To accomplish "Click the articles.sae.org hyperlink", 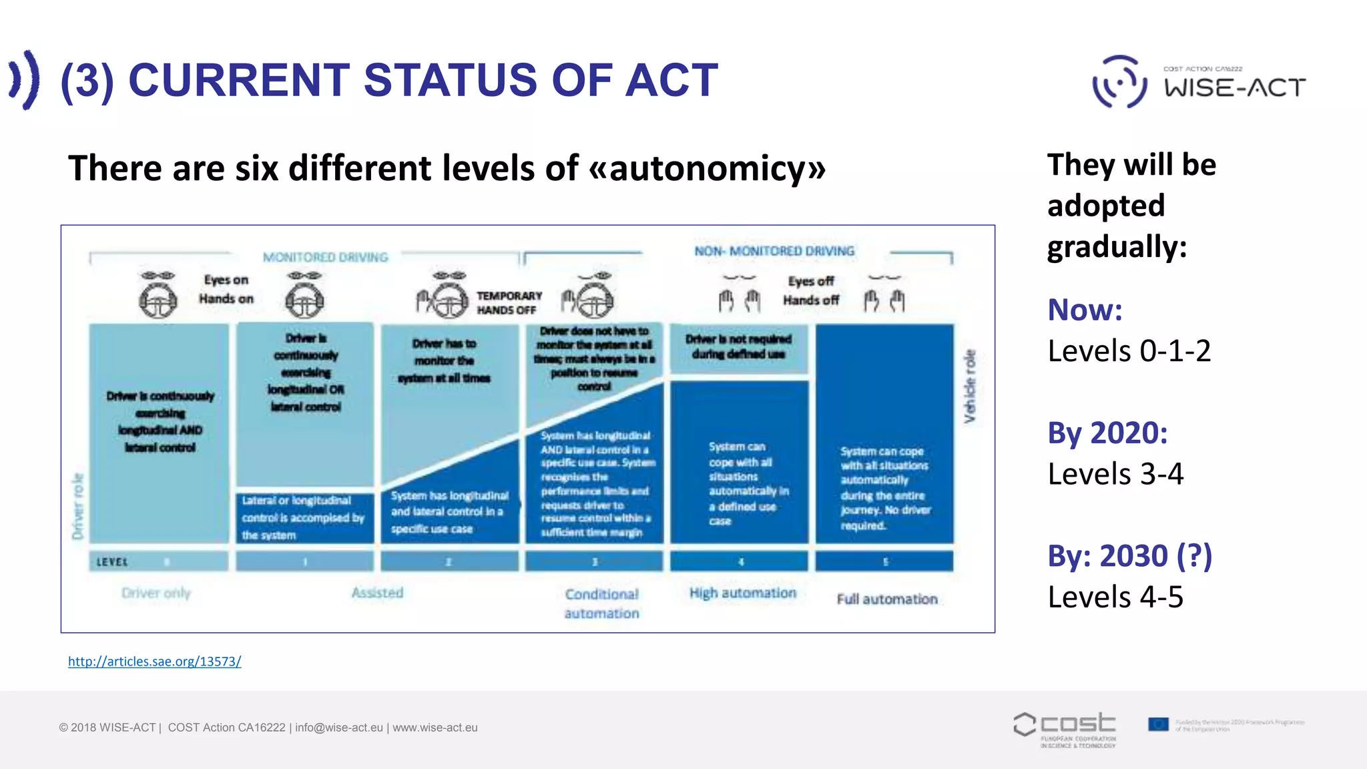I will (154, 661).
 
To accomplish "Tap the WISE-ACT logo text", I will (1234, 87).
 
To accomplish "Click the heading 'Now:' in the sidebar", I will (1085, 310).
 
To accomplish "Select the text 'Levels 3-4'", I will (1115, 474).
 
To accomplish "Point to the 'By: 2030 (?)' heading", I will (1129, 555).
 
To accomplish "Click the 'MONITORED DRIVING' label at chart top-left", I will (325, 257).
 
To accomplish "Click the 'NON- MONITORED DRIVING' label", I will (774, 251).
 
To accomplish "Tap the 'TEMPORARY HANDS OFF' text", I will (509, 302).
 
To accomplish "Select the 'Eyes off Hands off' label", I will (810, 290).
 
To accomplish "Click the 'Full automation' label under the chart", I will (886, 599).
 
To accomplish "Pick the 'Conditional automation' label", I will (601, 603).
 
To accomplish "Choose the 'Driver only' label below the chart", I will (156, 593).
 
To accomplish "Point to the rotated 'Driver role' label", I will (78, 505).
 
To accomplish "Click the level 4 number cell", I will (740, 561).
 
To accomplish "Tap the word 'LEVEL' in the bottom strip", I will (112, 562).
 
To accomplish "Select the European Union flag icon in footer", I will (1158, 724).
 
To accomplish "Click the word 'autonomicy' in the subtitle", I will (708, 168).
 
